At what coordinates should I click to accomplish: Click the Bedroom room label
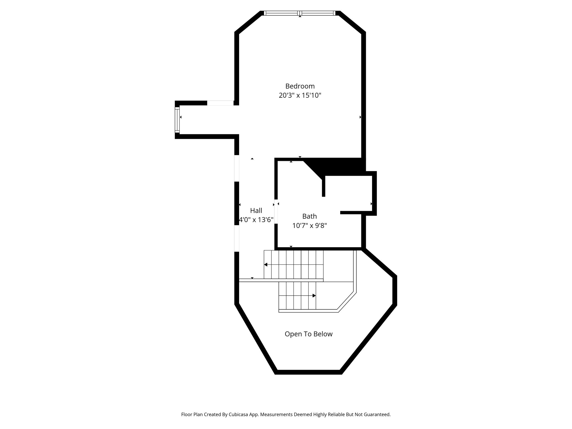pos(300,86)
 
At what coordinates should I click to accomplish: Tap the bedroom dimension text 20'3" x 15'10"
pos(300,96)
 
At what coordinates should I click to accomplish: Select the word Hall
pos(256,211)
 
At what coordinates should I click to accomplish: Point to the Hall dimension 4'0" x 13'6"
pos(256,220)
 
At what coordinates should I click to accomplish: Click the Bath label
pos(309,216)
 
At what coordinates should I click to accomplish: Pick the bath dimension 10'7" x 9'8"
pos(309,226)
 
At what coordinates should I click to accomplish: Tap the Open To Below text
pos(308,334)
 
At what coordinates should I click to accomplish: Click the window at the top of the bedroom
pos(299,13)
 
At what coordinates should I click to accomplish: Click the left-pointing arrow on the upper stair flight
pos(266,264)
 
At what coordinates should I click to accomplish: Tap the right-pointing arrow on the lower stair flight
pos(314,295)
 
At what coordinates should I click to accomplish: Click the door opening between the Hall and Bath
pos(276,211)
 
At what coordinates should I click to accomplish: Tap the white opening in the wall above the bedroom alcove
pos(220,103)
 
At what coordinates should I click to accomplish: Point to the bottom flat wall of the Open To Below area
pos(308,372)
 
